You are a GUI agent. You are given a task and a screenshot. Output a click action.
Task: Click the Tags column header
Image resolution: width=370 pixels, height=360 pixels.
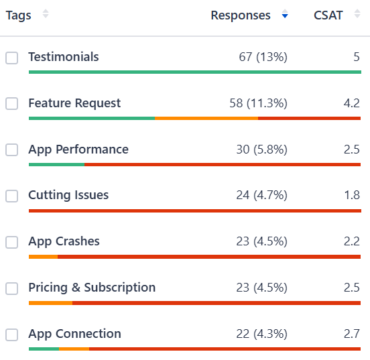click(x=19, y=15)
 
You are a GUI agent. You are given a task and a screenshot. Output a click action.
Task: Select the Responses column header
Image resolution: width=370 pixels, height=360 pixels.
click(x=241, y=15)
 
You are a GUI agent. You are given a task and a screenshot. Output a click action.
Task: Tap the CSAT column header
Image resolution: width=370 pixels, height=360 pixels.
click(x=328, y=15)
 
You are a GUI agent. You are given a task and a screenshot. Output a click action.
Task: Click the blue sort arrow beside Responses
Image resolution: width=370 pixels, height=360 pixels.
click(x=285, y=15)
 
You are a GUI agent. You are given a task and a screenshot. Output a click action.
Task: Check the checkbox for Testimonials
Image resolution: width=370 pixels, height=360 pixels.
click(x=12, y=58)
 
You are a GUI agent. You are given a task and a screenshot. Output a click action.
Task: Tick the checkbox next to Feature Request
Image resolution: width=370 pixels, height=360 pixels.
click(x=12, y=104)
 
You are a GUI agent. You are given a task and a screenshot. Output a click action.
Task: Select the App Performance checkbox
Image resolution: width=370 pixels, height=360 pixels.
click(x=12, y=150)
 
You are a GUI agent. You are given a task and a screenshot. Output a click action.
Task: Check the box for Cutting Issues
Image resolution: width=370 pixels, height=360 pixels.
click(x=12, y=196)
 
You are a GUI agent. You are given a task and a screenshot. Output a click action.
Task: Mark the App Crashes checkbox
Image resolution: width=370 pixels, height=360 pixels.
click(x=12, y=242)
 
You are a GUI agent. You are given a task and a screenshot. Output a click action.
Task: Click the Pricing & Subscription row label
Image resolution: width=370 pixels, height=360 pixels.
click(x=92, y=288)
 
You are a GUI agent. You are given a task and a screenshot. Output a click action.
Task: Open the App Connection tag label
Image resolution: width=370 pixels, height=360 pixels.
click(x=74, y=334)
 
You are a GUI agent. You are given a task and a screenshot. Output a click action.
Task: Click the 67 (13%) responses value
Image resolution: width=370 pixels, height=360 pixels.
click(x=263, y=58)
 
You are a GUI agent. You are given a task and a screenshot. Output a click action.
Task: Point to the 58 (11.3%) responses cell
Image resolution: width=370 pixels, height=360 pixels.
click(x=258, y=103)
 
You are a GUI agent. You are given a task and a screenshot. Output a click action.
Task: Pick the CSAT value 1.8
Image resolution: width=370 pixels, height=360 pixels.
click(x=351, y=195)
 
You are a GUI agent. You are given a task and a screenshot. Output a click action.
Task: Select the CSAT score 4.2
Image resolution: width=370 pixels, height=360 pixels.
click(x=351, y=103)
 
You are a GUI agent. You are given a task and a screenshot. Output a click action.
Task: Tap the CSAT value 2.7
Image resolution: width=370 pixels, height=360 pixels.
click(x=351, y=334)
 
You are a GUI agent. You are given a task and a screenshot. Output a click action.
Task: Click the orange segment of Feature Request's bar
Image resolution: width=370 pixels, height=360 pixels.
click(x=206, y=118)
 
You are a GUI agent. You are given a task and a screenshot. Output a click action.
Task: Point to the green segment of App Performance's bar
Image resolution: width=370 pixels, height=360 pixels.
click(x=56, y=164)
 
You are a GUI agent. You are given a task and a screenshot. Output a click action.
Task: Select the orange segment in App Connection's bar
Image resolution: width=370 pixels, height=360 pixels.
click(x=74, y=349)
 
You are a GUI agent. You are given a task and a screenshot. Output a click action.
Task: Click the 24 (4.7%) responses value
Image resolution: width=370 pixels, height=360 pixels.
click(x=261, y=195)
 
